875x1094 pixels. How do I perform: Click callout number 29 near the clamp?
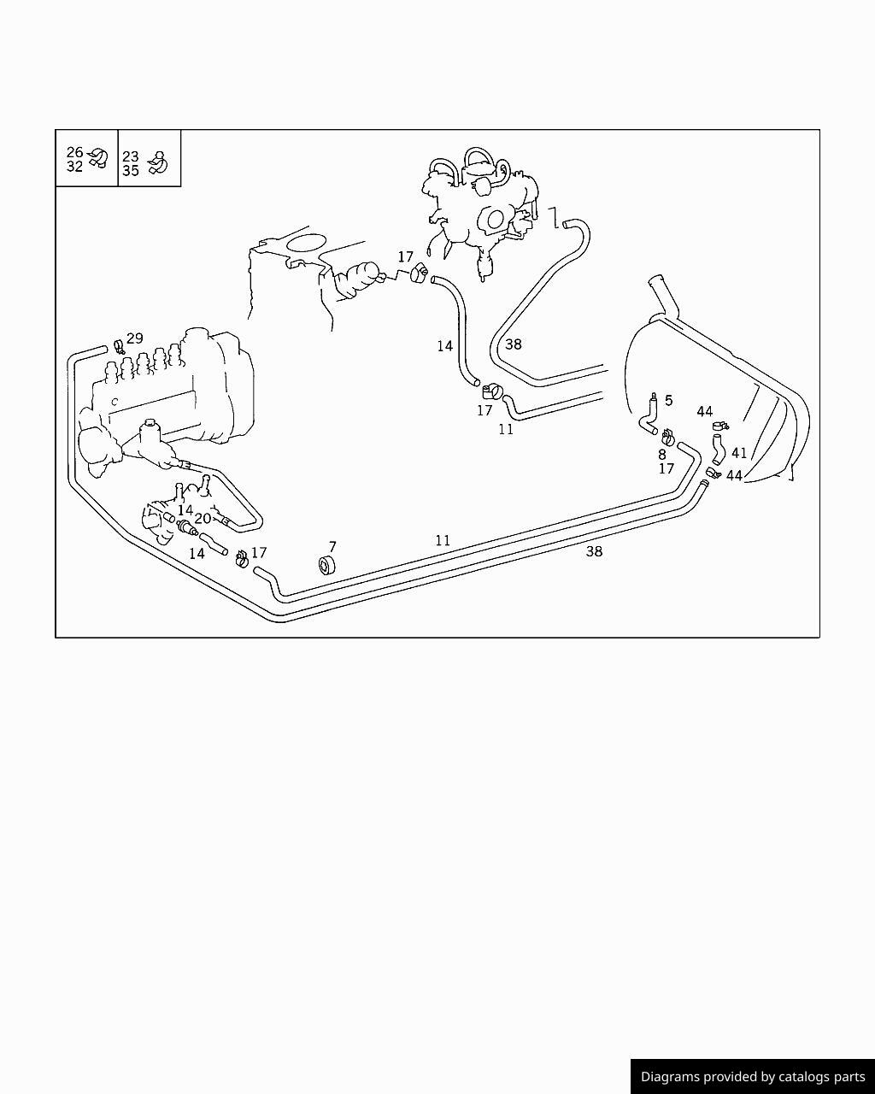(135, 338)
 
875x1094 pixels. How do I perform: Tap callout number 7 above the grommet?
(332, 546)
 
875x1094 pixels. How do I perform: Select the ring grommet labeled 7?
(326, 565)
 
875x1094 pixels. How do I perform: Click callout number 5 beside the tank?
(668, 401)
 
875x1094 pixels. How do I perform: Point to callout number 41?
(739, 452)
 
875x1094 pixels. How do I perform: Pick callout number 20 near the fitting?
(203, 519)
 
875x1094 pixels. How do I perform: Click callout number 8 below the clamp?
(662, 455)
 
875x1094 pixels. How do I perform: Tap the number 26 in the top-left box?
(74, 152)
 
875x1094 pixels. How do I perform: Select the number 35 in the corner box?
(131, 171)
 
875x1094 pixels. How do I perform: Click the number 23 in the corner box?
(131, 156)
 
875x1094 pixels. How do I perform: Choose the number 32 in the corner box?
(74, 166)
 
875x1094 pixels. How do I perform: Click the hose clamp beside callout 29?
(120, 347)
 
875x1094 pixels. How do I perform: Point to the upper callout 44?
(705, 411)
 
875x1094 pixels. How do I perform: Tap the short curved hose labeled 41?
(717, 450)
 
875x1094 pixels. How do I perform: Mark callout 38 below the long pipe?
(595, 551)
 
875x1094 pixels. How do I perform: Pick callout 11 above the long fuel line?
(443, 540)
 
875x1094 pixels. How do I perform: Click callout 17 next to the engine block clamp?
(405, 256)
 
